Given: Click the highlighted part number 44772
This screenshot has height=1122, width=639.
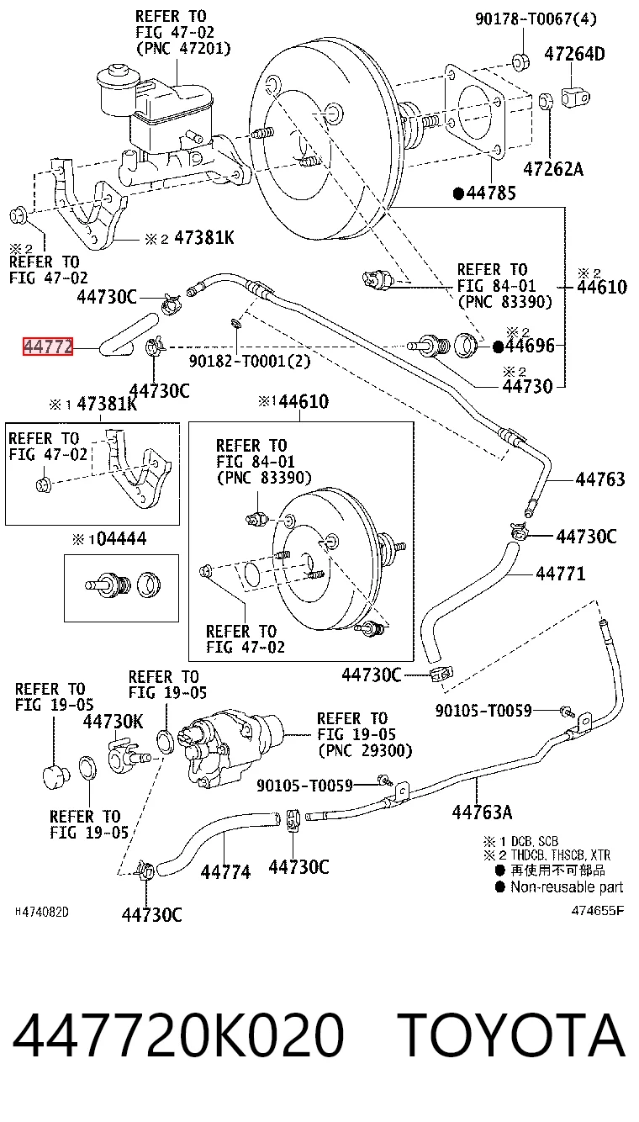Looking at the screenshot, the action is [48, 347].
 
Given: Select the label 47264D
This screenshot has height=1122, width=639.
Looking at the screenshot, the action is [574, 54].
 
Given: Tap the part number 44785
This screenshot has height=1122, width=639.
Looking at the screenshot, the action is [491, 193].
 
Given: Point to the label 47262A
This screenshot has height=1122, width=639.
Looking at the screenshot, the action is [553, 169].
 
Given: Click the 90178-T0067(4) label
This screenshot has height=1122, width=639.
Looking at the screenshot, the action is [536, 19].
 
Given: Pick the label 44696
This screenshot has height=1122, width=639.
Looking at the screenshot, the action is [530, 346].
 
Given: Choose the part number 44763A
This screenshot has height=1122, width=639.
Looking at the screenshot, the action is [483, 812].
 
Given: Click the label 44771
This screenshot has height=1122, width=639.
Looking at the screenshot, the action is [560, 573].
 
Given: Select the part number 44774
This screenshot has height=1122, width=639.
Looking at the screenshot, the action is [225, 872].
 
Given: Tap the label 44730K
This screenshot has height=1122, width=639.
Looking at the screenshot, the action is [114, 722].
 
